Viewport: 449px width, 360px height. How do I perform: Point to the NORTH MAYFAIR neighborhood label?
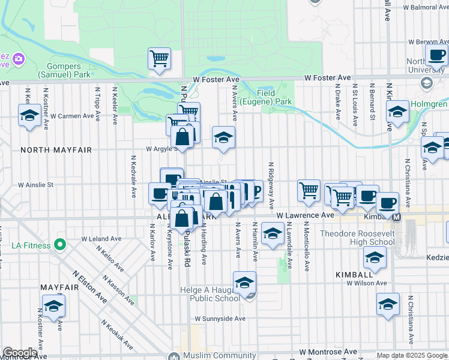coord(56,150)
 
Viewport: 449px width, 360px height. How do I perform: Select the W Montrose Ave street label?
coord(328,352)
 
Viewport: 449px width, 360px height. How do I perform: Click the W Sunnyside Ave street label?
coord(220,319)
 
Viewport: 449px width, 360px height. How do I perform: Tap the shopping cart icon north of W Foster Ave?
coord(159,59)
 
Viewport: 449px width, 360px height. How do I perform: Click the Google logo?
coord(20,353)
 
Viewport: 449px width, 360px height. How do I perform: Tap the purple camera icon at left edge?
coord(18,59)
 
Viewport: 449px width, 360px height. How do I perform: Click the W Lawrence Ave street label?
coord(304,215)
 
